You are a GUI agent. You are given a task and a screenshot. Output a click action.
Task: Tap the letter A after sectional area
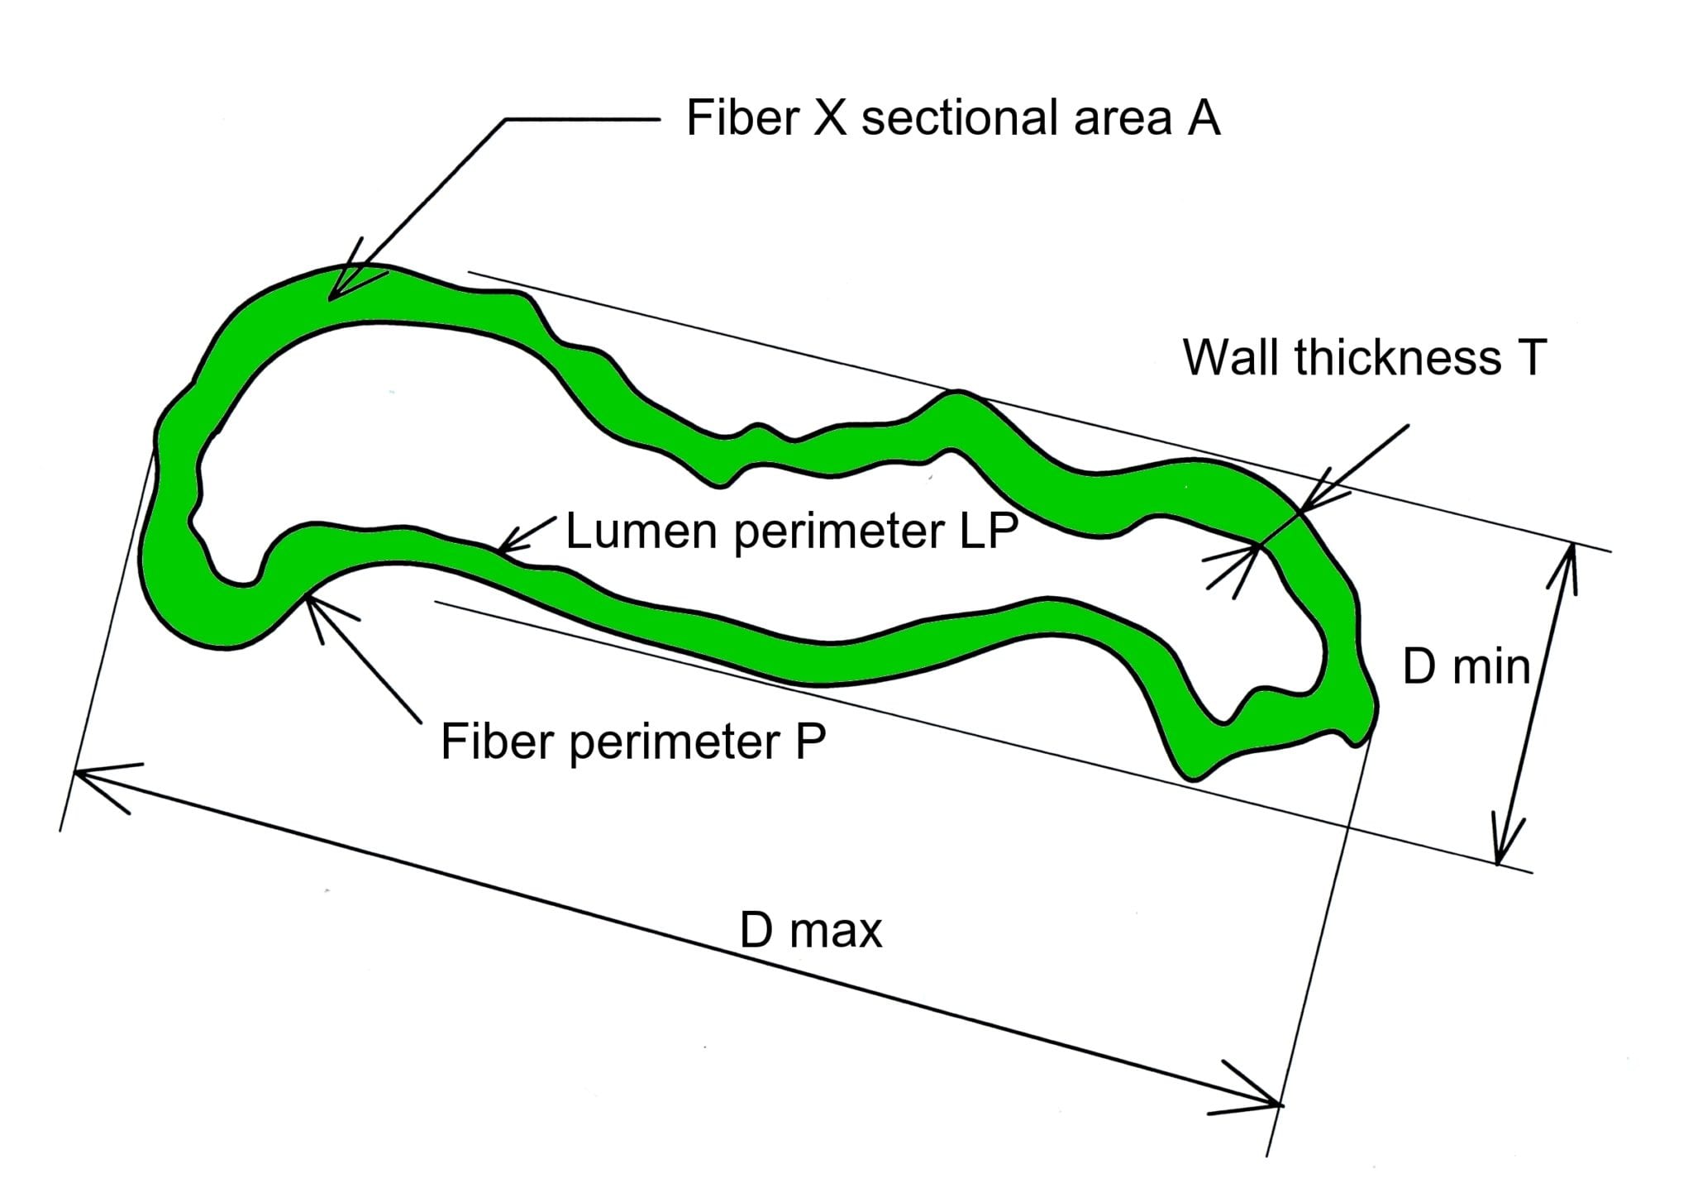(1204, 117)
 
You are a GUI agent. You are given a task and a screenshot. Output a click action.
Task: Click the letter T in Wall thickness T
(1531, 358)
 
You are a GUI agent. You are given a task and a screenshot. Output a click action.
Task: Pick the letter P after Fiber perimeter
(810, 741)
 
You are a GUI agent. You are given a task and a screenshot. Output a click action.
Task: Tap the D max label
(810, 930)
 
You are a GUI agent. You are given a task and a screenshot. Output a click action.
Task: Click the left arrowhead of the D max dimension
(88, 775)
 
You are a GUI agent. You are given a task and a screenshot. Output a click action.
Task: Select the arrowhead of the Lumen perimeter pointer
(506, 547)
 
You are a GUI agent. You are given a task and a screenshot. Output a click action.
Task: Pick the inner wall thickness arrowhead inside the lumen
(1250, 552)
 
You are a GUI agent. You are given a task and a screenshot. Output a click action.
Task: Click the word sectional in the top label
(964, 117)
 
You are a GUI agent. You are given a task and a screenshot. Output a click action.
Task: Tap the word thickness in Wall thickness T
(1397, 358)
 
